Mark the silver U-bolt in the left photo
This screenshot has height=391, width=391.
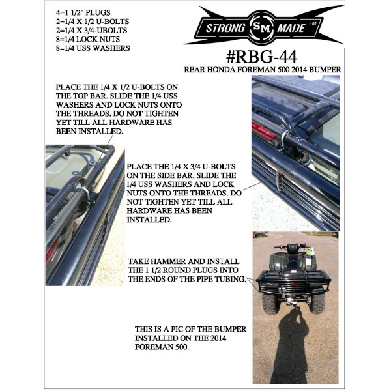point(85,193)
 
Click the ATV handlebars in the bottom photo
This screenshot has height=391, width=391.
point(294,247)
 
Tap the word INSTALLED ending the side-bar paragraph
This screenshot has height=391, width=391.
point(151,220)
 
